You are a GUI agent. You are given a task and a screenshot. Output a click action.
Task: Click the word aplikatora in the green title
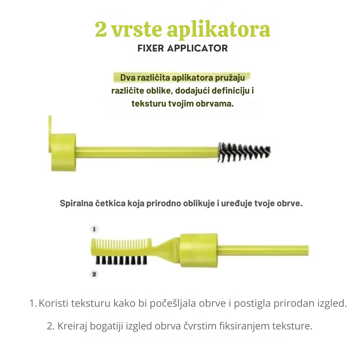[219, 30]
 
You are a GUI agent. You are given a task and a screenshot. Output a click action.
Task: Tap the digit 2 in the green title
[101, 29]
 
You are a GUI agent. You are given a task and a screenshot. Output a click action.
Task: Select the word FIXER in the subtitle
[150, 49]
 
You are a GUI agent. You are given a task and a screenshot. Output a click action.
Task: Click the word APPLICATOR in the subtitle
[197, 49]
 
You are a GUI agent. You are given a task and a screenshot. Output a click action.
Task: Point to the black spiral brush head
[244, 152]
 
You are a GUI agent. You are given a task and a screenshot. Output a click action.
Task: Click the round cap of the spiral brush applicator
[62, 152]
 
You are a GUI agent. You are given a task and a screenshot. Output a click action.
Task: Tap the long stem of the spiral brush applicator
[147, 152]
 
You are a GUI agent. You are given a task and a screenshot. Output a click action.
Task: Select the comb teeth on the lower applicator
[123, 244]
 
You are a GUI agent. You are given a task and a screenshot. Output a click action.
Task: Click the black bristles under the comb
[121, 260]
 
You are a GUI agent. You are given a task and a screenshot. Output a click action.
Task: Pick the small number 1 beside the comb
[94, 229]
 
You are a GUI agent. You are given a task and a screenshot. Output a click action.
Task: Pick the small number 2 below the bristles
[94, 274]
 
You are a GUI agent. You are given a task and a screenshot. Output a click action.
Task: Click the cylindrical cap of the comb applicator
[199, 251]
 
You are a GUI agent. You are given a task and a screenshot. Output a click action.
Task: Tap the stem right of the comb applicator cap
[263, 251]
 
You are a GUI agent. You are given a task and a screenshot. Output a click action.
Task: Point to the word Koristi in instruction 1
[54, 303]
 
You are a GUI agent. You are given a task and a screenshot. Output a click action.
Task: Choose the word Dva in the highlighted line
[128, 78]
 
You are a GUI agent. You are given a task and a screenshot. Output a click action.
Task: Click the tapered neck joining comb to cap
[166, 249]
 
